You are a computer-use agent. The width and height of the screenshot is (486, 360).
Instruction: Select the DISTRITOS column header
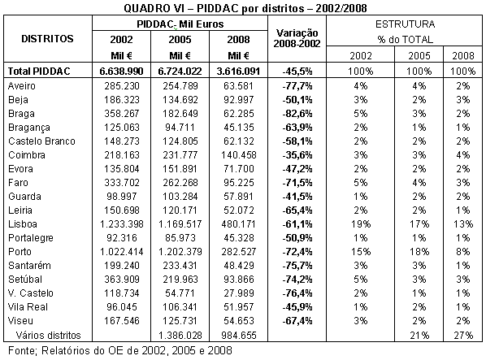tap(47, 39)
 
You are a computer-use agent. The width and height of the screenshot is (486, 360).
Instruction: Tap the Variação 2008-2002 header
tap(297, 38)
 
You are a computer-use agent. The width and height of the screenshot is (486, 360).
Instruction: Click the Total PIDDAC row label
tap(39, 72)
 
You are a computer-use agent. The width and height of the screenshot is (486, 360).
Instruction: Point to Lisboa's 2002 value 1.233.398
tap(122, 224)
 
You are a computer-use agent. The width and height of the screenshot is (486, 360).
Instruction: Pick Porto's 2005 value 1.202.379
tap(180, 252)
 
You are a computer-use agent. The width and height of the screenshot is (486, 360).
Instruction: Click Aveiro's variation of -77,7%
tap(297, 86)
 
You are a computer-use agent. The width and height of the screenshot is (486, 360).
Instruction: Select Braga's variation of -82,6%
tap(297, 114)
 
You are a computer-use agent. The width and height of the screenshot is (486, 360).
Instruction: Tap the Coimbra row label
tap(27, 155)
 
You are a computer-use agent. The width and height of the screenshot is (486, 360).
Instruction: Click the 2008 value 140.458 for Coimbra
tap(239, 155)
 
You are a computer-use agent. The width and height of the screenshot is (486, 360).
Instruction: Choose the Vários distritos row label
tap(48, 335)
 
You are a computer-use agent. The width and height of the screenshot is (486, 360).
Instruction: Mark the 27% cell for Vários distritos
tap(463, 335)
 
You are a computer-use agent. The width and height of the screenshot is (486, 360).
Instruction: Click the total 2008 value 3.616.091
tap(238, 72)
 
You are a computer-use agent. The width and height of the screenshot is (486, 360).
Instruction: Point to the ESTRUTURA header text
tap(405, 24)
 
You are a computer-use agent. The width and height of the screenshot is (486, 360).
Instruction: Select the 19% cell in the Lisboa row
tap(361, 224)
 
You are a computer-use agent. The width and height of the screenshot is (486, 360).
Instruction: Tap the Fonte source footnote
tap(120, 350)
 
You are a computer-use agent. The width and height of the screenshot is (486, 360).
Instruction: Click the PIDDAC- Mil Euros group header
tap(180, 24)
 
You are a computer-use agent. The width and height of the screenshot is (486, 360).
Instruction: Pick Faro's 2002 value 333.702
tap(122, 183)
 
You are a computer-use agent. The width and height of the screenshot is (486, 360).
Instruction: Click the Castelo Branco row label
tap(41, 141)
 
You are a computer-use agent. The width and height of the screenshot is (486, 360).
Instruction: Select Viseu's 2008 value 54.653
tap(239, 321)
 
